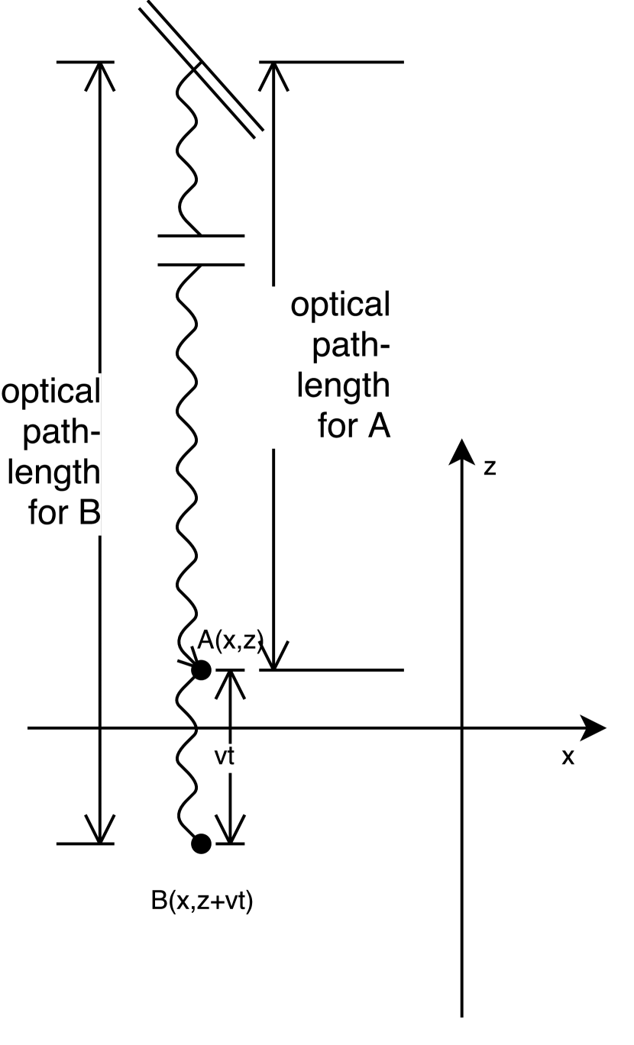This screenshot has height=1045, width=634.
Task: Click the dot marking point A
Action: click(201, 670)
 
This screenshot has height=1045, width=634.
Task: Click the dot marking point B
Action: click(201, 843)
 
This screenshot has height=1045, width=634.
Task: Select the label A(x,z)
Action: click(230, 641)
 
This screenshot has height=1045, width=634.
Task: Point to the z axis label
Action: click(490, 467)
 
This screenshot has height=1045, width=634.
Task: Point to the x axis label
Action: click(568, 756)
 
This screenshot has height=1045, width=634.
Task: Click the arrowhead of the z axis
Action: click(462, 450)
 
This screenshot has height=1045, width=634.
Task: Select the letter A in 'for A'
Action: click(377, 427)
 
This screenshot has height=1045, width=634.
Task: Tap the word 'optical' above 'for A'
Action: click(340, 305)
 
